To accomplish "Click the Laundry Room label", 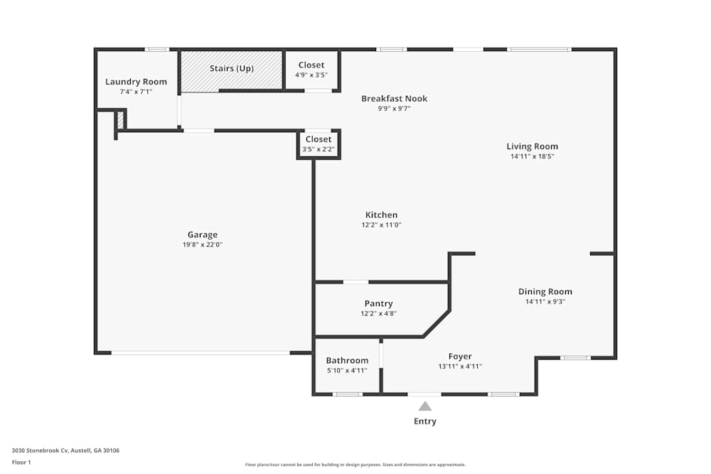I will click(136, 82).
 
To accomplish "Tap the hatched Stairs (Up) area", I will click(231, 71).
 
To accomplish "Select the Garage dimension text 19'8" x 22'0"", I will click(203, 244).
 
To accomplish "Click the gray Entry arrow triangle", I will click(424, 406).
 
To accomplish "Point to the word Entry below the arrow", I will click(424, 421).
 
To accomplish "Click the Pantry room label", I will click(378, 303).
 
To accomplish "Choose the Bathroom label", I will click(347, 360).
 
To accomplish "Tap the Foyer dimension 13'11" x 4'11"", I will click(459, 367).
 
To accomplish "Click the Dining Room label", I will click(545, 291).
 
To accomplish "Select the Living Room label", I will click(532, 146).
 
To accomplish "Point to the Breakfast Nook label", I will click(394, 99).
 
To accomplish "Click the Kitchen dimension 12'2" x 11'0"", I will click(381, 225).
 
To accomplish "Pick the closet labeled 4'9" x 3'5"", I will click(311, 70).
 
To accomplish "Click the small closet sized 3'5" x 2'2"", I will click(318, 144).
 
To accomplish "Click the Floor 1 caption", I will click(21, 462).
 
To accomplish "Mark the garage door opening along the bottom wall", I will click(201, 352).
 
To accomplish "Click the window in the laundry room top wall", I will click(156, 49).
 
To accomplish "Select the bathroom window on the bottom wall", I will click(347, 394).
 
